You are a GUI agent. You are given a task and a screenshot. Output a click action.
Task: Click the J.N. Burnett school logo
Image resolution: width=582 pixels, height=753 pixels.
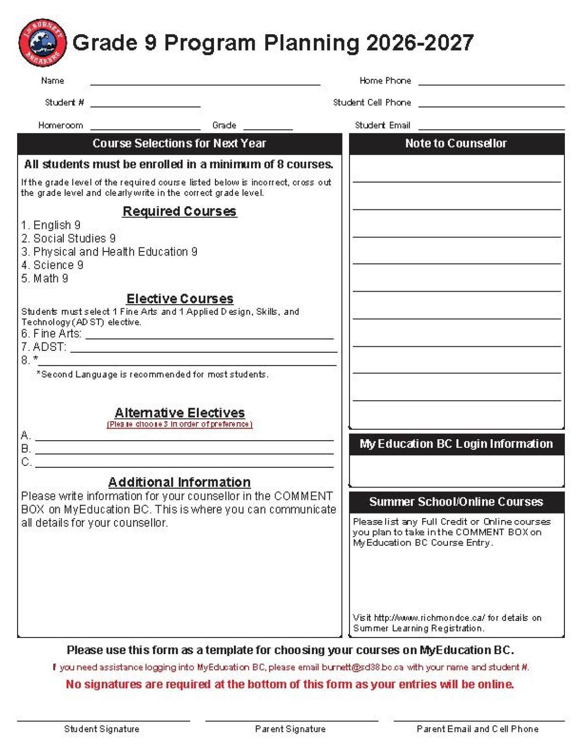[x=42, y=43]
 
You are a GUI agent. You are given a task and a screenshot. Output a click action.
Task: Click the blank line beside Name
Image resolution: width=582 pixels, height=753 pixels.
[x=205, y=83]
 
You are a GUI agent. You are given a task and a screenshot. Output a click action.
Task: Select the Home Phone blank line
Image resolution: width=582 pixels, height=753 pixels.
[x=491, y=83]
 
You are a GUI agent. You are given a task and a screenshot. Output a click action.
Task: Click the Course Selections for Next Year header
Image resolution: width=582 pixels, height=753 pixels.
[x=179, y=144]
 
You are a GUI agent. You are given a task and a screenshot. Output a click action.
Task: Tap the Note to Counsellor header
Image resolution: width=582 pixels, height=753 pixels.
[x=456, y=144]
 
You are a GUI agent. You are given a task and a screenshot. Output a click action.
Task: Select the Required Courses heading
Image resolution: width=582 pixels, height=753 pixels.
[x=179, y=211]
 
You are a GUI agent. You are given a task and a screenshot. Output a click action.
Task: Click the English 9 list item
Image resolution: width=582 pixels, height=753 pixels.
[x=51, y=225]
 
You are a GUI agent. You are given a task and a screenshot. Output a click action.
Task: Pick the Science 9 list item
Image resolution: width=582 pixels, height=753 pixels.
[x=52, y=265]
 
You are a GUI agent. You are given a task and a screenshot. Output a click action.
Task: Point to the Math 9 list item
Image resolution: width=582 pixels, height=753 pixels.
[x=45, y=279]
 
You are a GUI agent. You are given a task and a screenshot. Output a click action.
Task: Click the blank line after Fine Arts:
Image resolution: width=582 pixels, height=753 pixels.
[x=209, y=336]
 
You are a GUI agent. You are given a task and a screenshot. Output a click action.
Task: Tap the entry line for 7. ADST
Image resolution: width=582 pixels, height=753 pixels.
[x=203, y=350]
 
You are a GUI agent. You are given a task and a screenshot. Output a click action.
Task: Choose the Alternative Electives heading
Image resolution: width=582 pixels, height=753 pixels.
[x=179, y=413]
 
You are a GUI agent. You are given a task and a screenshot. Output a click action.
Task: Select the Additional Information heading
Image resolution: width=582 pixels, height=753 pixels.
[x=179, y=482]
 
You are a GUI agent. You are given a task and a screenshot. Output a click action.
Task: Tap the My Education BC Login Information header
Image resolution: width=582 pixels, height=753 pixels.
[x=456, y=444]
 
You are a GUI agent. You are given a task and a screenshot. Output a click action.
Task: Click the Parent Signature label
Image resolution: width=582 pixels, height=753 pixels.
[x=290, y=729]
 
